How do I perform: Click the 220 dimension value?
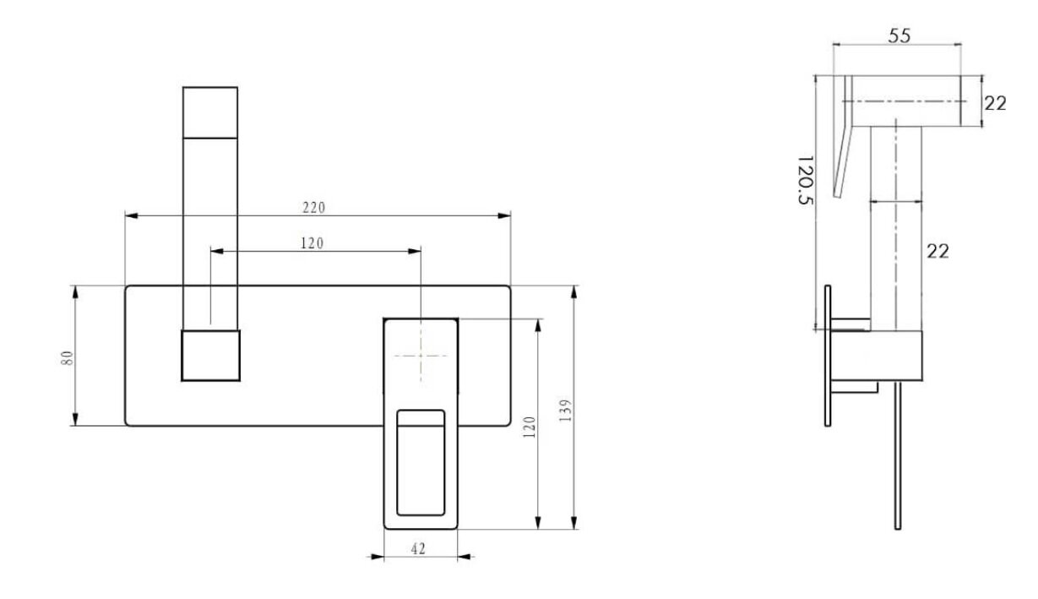(313, 208)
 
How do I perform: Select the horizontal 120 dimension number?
(312, 243)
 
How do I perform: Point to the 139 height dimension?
(565, 411)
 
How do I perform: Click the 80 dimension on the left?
(68, 358)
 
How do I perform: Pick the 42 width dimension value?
(418, 549)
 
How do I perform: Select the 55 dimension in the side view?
(899, 35)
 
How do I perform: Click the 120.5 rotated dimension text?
(806, 180)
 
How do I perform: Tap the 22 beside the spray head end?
(995, 103)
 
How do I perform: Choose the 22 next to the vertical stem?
(937, 251)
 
